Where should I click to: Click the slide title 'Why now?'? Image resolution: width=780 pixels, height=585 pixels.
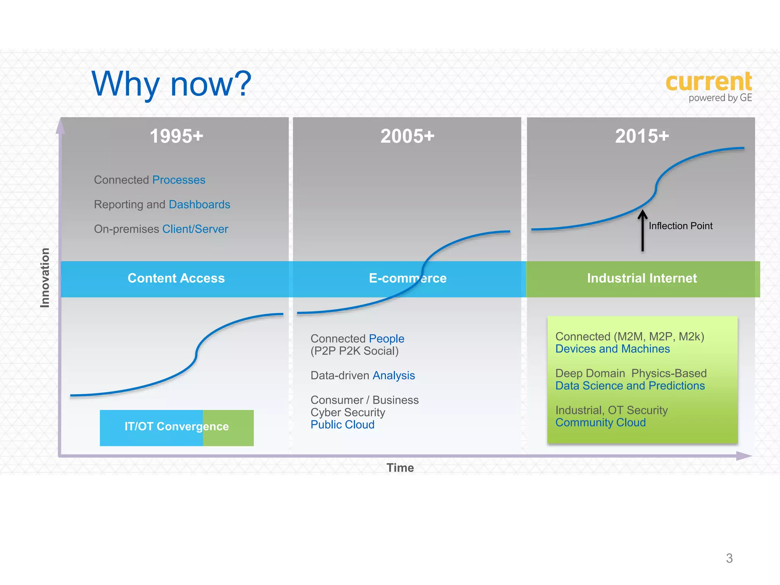click(171, 84)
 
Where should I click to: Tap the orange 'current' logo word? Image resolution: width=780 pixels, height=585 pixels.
click(708, 82)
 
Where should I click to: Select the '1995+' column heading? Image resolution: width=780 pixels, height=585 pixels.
click(176, 136)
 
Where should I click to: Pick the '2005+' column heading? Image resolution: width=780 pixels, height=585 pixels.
click(407, 136)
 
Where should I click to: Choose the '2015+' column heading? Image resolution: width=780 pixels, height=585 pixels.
click(642, 136)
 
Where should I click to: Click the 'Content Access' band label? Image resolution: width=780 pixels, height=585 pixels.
click(176, 278)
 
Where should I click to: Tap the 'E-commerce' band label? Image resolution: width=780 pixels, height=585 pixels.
click(408, 278)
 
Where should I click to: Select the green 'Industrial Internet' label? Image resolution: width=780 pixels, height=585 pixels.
click(642, 278)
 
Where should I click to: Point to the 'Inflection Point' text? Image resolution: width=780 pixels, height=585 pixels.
click(680, 226)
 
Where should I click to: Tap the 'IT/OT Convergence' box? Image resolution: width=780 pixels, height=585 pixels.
click(177, 427)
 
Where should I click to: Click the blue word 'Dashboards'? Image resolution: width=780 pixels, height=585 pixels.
click(199, 205)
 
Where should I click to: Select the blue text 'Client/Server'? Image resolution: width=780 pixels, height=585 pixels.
click(195, 229)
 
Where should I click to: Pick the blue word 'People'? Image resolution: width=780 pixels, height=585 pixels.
click(386, 339)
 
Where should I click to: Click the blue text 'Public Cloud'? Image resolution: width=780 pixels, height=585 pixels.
click(342, 425)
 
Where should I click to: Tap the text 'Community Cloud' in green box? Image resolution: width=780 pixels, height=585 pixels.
click(600, 422)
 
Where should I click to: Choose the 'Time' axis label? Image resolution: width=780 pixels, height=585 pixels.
click(400, 468)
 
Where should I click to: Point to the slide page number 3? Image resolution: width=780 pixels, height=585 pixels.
click(729, 558)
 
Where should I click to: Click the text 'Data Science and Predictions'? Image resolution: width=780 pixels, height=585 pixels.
click(630, 386)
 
